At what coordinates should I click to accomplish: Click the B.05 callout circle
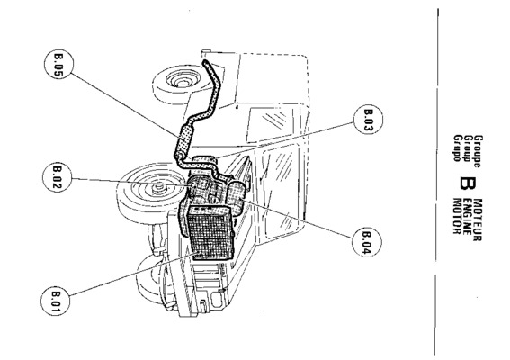(58, 64)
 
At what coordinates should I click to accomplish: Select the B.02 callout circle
(58, 177)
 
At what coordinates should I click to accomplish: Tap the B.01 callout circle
(55, 301)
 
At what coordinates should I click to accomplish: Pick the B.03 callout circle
(368, 119)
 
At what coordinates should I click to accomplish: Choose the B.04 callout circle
(367, 242)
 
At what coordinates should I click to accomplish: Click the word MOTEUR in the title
(478, 220)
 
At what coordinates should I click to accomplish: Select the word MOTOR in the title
(458, 216)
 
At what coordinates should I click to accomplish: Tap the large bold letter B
(468, 184)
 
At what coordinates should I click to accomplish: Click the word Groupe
(479, 151)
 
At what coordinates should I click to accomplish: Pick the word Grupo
(458, 148)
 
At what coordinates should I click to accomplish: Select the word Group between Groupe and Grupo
(468, 148)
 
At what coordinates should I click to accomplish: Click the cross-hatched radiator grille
(210, 232)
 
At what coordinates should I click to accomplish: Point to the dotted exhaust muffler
(183, 142)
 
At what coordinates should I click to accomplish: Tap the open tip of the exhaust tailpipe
(205, 62)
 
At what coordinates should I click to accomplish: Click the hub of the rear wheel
(181, 80)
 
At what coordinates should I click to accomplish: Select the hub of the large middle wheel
(158, 186)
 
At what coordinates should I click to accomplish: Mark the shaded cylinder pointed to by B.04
(237, 197)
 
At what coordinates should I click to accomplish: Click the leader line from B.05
(124, 105)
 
